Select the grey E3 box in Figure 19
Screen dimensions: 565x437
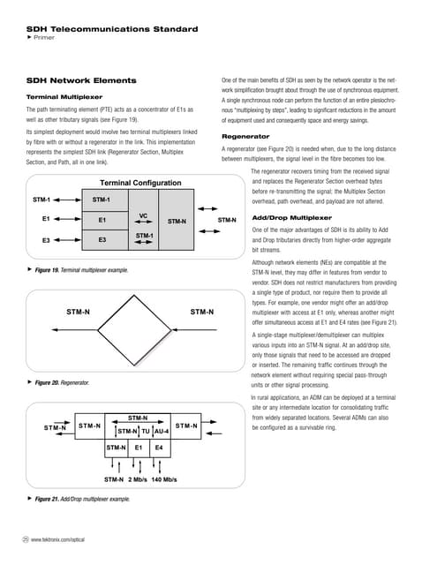(102, 239)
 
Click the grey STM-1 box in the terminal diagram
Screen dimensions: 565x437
(102, 200)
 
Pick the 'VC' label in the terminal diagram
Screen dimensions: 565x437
(143, 215)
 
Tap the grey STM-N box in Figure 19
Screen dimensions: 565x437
(177, 221)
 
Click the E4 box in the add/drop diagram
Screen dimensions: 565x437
(159, 448)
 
